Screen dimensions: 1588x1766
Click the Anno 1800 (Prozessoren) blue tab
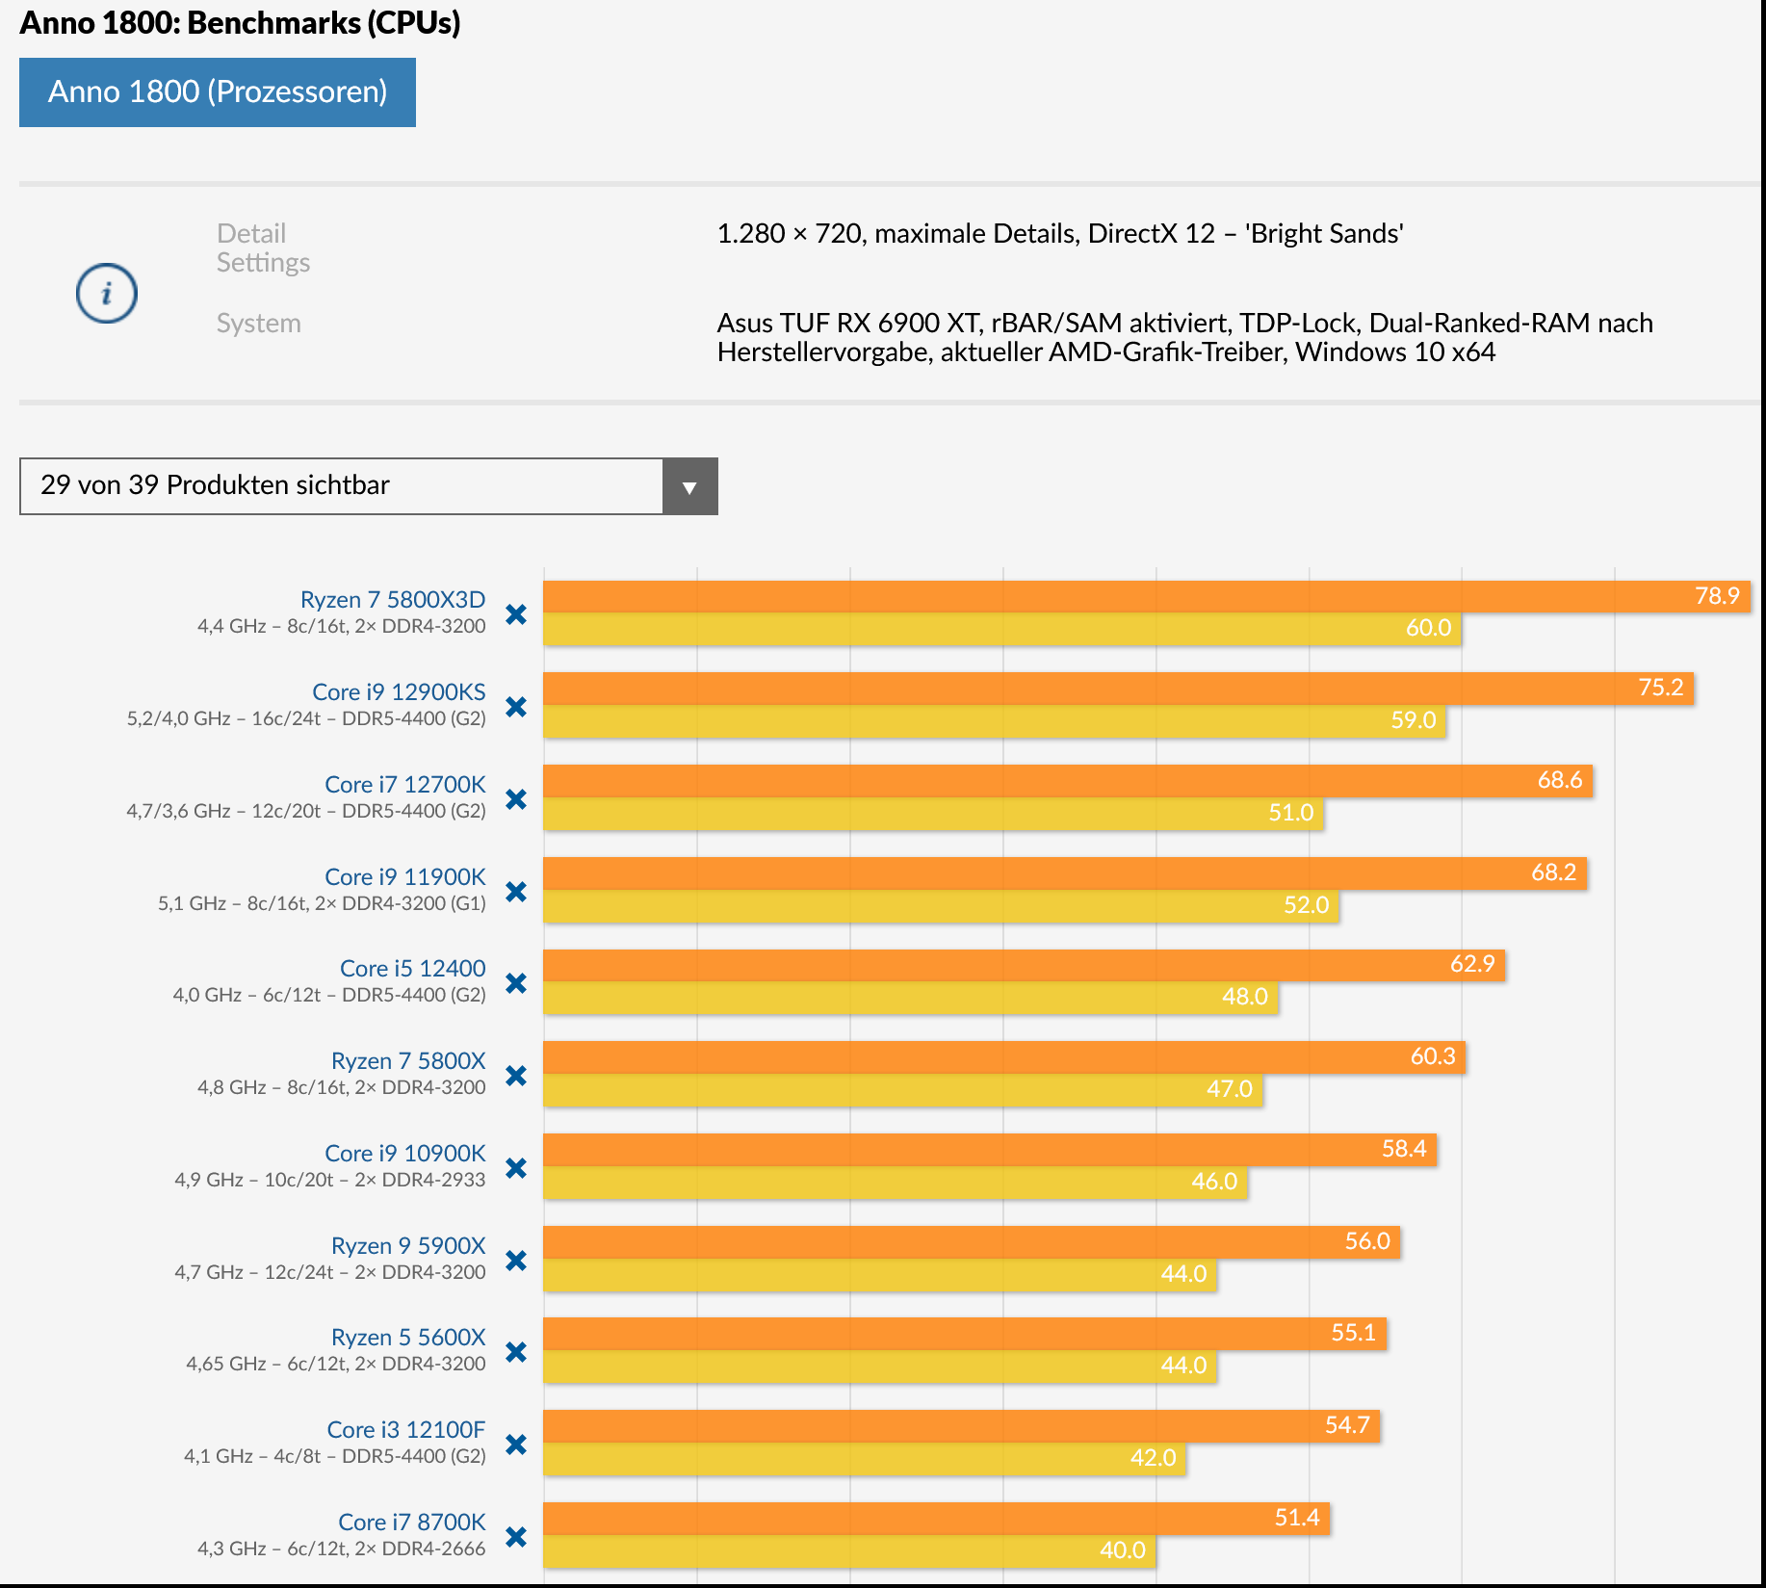coord(218,92)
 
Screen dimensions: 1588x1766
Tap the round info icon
coord(107,293)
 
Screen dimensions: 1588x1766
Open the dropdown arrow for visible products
coord(689,486)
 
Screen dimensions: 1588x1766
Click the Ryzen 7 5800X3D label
coord(393,599)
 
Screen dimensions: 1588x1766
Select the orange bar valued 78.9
coord(1146,596)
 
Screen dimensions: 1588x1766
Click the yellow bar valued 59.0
coord(994,721)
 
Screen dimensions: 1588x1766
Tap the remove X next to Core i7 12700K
coord(516,799)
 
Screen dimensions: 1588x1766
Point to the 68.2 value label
coord(1553,872)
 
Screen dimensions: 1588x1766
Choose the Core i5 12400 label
coord(413,968)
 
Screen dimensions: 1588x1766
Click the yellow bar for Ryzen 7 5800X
coord(902,1090)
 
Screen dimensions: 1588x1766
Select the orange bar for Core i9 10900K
coord(989,1150)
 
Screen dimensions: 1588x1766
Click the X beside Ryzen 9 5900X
coord(516,1261)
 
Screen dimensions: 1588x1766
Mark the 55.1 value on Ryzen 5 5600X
coord(1353,1333)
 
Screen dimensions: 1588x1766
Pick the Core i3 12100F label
coord(406,1429)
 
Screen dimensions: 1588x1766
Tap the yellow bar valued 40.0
coord(848,1550)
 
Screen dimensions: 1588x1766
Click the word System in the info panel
coord(258,324)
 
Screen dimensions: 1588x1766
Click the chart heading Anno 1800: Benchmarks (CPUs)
coord(240,23)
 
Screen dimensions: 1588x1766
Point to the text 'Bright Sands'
coord(1324,234)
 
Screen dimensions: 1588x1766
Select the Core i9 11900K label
coord(405,876)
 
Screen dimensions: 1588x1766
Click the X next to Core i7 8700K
coord(516,1537)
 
